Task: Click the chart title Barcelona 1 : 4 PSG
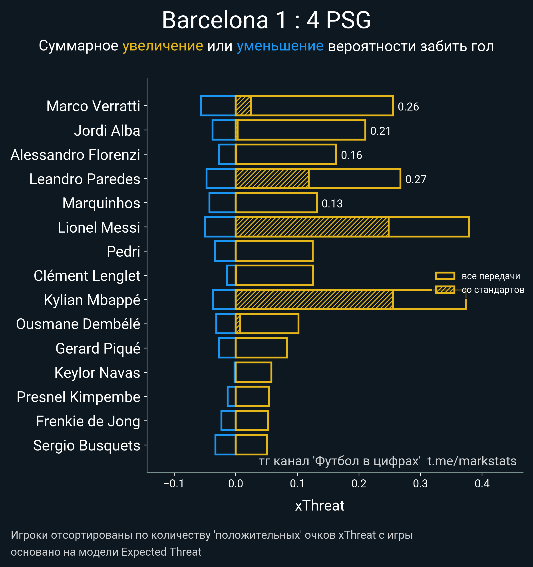(266, 20)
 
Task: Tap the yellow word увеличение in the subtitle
(163, 46)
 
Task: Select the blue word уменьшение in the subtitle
(280, 46)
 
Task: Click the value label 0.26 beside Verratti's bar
(408, 107)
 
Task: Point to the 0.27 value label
(416, 179)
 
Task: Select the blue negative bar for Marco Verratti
(218, 106)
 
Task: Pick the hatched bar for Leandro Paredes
(272, 179)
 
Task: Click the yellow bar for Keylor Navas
(253, 372)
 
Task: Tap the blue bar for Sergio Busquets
(225, 445)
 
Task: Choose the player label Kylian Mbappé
(92, 300)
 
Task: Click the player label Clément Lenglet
(87, 276)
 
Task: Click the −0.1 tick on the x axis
(174, 484)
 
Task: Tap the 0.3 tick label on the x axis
(420, 484)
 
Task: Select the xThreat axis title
(320, 506)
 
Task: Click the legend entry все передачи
(491, 276)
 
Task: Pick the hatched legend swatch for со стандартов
(445, 290)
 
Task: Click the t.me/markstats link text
(472, 461)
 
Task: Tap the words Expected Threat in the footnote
(161, 552)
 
